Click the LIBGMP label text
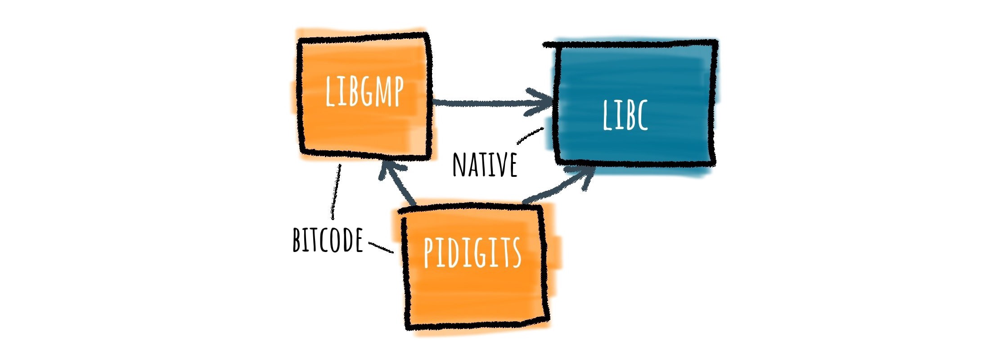[x=364, y=92]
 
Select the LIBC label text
[x=625, y=116]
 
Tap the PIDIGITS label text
[x=472, y=252]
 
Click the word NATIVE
[x=485, y=165]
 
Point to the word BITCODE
[x=328, y=240]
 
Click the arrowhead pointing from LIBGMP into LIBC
[x=542, y=103]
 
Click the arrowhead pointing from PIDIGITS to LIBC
[x=583, y=175]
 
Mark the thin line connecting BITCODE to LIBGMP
[x=336, y=191]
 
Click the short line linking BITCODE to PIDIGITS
[x=381, y=247]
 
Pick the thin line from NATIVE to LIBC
[x=530, y=135]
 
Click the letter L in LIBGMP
[x=330, y=92]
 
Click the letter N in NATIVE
[x=459, y=165]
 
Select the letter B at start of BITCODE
[x=297, y=240]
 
